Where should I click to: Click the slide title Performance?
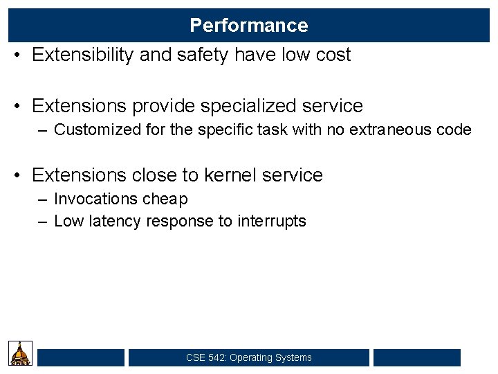click(x=249, y=26)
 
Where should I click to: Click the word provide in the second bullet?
click(x=163, y=107)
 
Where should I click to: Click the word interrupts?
click(x=272, y=222)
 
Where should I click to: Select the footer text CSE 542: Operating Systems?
click(x=249, y=358)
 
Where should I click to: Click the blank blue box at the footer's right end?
click(x=416, y=357)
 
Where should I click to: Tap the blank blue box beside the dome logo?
click(x=81, y=357)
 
